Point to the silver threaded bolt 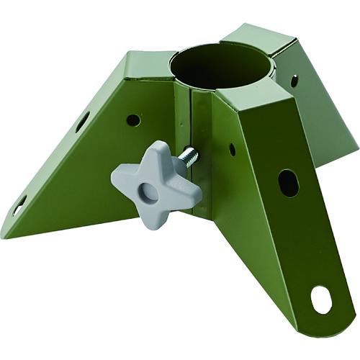pyautogui.click(x=189, y=157)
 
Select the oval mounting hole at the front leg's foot pyautogui.click(x=321, y=300)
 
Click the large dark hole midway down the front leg pyautogui.click(x=287, y=183)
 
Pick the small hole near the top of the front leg pyautogui.click(x=232, y=150)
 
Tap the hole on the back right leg pyautogui.click(x=294, y=80)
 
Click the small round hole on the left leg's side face pyautogui.click(x=132, y=120)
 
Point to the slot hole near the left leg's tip pyautogui.click(x=19, y=206)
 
